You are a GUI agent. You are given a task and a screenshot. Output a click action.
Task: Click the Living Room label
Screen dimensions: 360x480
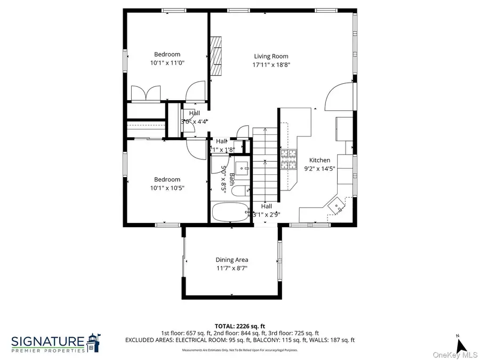point(271,56)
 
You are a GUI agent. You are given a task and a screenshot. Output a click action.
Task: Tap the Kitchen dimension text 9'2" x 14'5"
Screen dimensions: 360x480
point(320,169)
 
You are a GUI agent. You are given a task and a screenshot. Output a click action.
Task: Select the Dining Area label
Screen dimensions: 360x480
point(231,260)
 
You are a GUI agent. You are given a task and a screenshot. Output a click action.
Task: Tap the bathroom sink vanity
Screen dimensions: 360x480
point(243,169)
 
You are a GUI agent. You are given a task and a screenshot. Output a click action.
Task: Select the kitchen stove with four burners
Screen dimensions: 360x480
point(289,159)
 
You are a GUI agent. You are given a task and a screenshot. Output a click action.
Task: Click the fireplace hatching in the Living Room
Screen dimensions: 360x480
point(216,57)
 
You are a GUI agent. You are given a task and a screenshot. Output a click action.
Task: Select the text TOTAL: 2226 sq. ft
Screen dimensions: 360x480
point(239,325)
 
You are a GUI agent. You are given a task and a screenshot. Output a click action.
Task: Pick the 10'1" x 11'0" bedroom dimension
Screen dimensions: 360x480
point(167,62)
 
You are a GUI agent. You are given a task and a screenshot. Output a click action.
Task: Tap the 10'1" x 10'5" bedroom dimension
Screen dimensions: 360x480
point(167,188)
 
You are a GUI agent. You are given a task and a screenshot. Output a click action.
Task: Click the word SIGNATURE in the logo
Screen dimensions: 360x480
point(47,340)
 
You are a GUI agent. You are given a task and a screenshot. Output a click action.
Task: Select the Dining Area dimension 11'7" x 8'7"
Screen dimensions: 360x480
point(231,268)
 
